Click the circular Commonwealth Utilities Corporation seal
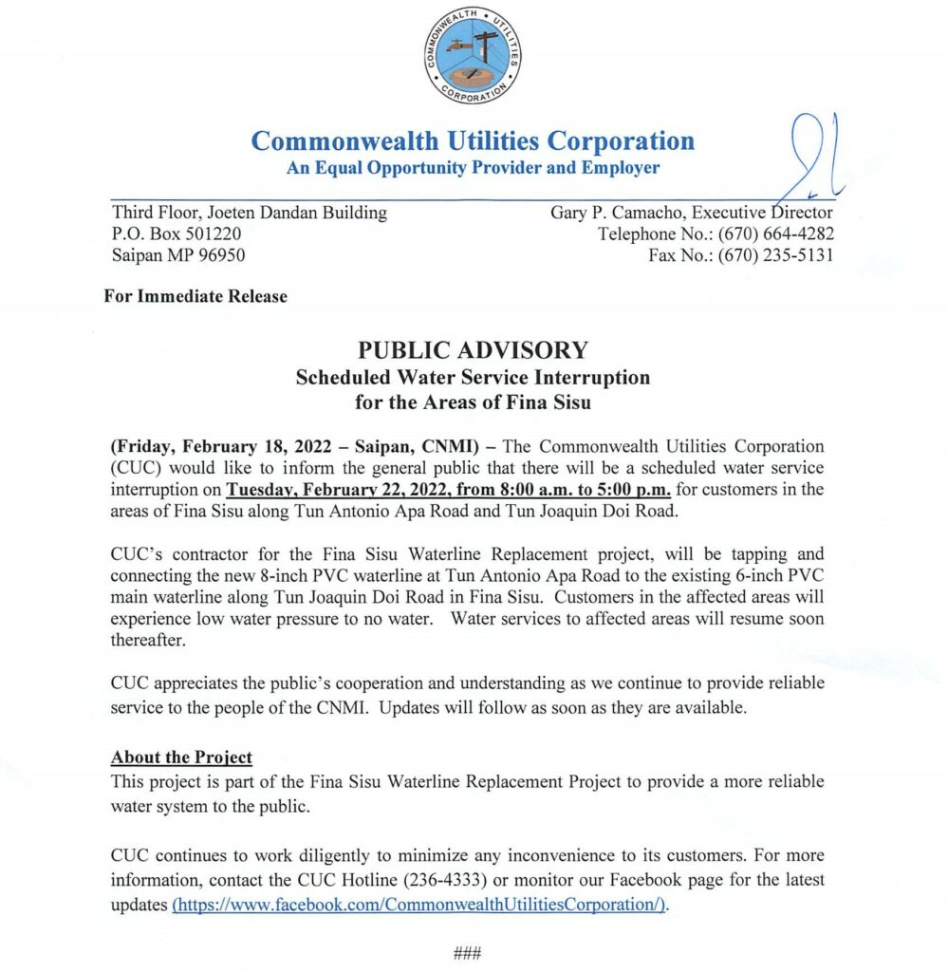(x=474, y=54)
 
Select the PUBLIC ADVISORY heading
(x=473, y=349)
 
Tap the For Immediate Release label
(x=195, y=296)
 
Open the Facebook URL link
(x=420, y=905)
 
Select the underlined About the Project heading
(x=181, y=757)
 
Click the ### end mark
(x=469, y=953)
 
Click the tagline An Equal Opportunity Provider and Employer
(x=473, y=168)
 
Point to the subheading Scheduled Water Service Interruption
(x=473, y=377)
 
